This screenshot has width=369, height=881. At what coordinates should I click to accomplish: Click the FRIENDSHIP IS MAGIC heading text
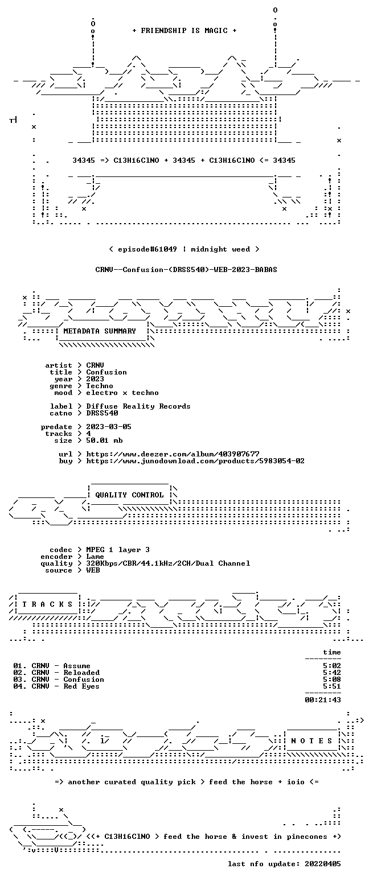click(184, 31)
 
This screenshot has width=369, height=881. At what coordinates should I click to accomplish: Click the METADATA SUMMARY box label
click(100, 331)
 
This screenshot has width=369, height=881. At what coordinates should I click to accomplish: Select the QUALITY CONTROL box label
click(129, 495)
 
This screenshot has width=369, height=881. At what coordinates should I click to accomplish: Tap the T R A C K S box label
click(47, 604)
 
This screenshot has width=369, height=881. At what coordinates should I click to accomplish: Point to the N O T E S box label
click(311, 740)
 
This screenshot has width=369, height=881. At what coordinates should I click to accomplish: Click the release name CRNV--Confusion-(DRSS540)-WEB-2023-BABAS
click(186, 269)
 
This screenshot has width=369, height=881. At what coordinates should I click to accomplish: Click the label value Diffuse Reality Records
click(138, 406)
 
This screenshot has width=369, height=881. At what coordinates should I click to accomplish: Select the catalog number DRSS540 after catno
click(102, 413)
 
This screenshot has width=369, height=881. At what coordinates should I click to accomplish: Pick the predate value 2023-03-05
click(109, 427)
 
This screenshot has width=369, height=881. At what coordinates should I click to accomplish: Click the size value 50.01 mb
click(104, 441)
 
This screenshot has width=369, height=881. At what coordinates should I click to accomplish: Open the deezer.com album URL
click(173, 454)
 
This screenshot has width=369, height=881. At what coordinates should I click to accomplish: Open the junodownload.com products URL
click(195, 461)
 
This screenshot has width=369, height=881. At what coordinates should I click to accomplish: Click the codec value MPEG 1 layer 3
click(118, 550)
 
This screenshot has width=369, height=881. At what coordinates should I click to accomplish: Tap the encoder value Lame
click(95, 557)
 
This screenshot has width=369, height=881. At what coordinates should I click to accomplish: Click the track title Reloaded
click(81, 673)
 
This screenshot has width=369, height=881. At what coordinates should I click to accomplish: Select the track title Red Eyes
click(81, 686)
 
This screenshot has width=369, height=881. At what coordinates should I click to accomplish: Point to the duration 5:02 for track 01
click(331, 666)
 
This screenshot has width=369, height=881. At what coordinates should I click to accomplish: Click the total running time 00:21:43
click(322, 699)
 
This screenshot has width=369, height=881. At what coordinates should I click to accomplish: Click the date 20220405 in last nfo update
click(322, 864)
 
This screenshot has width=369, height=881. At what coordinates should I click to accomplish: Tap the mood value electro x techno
click(122, 393)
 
